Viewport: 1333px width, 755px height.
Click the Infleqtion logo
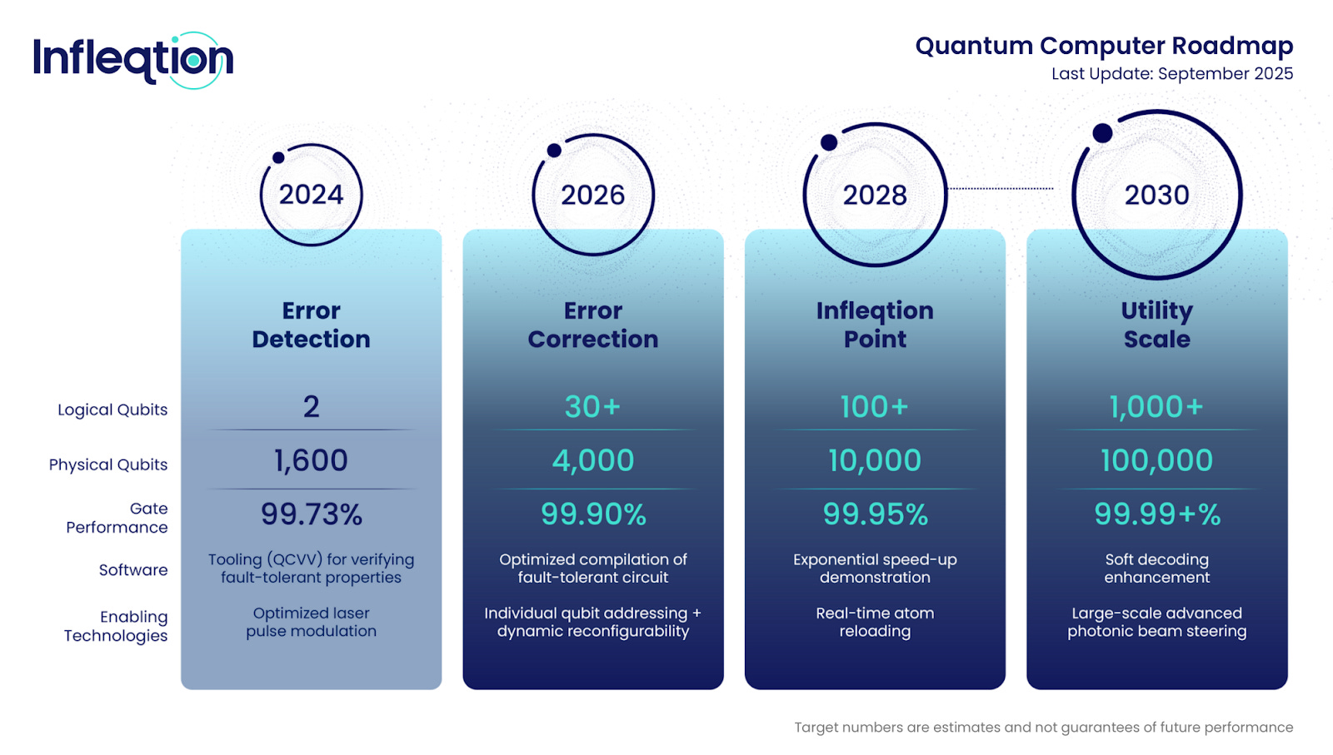click(x=133, y=60)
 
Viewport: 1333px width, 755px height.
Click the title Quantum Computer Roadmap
click(x=1104, y=46)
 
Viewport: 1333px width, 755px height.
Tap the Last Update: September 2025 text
click(x=1172, y=74)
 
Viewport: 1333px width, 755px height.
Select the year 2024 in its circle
click(x=312, y=195)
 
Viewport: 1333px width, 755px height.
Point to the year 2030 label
click(x=1157, y=195)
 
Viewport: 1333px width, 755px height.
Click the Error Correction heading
click(x=593, y=325)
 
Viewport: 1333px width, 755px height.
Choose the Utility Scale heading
click(x=1157, y=325)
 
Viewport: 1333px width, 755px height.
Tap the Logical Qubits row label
click(x=112, y=410)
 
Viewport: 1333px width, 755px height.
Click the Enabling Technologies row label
click(x=116, y=626)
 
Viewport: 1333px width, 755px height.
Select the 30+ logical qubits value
click(x=592, y=407)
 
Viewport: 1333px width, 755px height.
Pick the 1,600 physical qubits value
click(x=311, y=460)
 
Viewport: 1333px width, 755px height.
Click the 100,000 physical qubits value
click(x=1157, y=460)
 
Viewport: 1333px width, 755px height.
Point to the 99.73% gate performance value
click(x=312, y=514)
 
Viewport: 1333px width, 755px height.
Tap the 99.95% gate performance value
click(x=876, y=514)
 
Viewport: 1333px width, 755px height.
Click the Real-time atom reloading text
click(x=875, y=622)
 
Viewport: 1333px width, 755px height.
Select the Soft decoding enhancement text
click(x=1157, y=569)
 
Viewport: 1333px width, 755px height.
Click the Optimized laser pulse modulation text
click(x=312, y=622)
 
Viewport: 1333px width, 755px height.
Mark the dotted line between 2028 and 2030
click(x=1001, y=188)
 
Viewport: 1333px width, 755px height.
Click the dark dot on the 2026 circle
click(x=554, y=151)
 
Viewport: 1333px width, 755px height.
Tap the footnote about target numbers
click(x=1044, y=728)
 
